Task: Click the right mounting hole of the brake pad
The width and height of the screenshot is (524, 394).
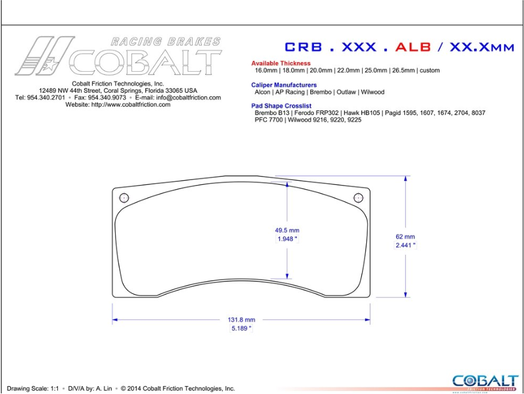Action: (x=358, y=197)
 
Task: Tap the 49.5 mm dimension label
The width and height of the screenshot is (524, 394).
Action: (x=287, y=230)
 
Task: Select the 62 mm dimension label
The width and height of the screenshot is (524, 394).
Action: (x=405, y=237)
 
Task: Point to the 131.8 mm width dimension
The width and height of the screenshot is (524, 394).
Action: (x=242, y=320)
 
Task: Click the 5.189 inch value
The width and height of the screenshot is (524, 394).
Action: (x=242, y=328)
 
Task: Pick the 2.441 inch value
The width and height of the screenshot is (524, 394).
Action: (x=405, y=245)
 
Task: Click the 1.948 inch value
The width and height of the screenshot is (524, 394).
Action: (x=287, y=239)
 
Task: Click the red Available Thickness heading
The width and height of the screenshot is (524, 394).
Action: (x=281, y=63)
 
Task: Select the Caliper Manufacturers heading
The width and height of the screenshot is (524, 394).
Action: (x=284, y=85)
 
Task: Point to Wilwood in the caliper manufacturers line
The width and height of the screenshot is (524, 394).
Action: (x=373, y=92)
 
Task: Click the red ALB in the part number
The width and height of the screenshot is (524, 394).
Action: (x=412, y=47)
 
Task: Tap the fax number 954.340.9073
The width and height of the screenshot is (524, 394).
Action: (x=107, y=97)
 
